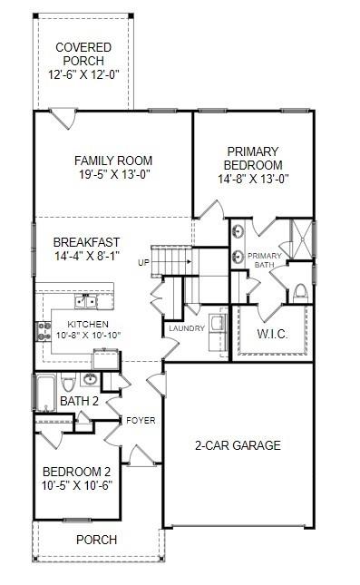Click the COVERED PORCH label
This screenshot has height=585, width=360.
point(83,54)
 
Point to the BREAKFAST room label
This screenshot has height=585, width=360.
point(86,242)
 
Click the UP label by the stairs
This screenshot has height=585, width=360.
point(143,263)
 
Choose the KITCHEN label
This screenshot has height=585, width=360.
point(88,324)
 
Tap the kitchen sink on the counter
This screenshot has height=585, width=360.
point(89,300)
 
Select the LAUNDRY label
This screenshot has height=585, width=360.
point(185,329)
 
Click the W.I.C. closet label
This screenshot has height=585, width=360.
point(272,335)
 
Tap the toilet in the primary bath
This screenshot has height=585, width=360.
point(300,293)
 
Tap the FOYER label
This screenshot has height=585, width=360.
point(141,421)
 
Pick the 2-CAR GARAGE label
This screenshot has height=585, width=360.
point(238,446)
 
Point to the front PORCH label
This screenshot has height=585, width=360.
point(96,540)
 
